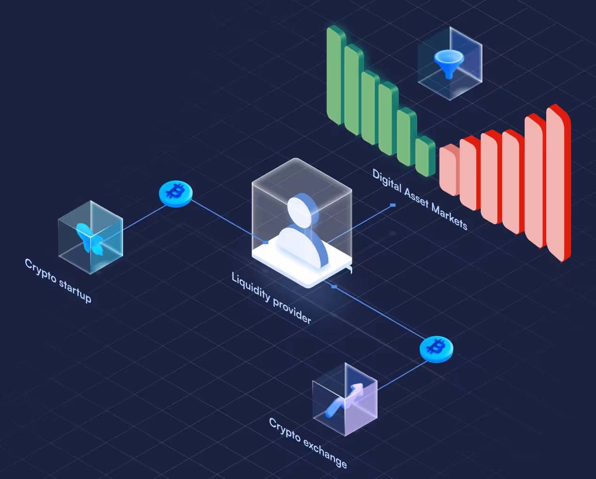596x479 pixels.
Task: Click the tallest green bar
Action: click(x=334, y=75)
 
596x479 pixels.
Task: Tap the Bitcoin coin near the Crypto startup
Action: click(x=176, y=193)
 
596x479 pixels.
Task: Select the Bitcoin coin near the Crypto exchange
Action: click(x=436, y=349)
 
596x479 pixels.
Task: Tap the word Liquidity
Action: click(x=251, y=286)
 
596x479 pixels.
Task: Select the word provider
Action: click(x=292, y=311)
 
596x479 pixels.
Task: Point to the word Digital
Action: click(x=387, y=180)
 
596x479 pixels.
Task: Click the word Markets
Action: click(x=449, y=216)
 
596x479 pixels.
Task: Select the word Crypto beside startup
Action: click(x=40, y=270)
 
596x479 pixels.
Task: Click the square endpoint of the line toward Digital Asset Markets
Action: click(x=393, y=205)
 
